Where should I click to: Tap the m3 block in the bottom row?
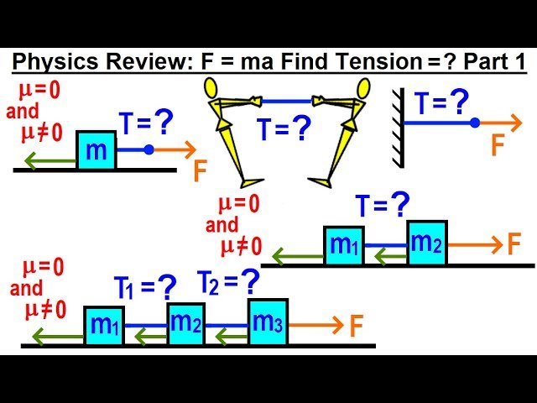[268, 322]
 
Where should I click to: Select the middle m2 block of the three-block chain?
[185, 323]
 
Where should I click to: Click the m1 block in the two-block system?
[343, 245]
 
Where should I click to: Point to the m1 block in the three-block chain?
[104, 326]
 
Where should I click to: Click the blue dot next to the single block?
[149, 150]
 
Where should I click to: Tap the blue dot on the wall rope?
[475, 123]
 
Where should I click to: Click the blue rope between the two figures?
[289, 102]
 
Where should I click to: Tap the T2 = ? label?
[228, 284]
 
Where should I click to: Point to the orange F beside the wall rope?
[498, 145]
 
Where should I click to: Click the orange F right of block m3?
[357, 325]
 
